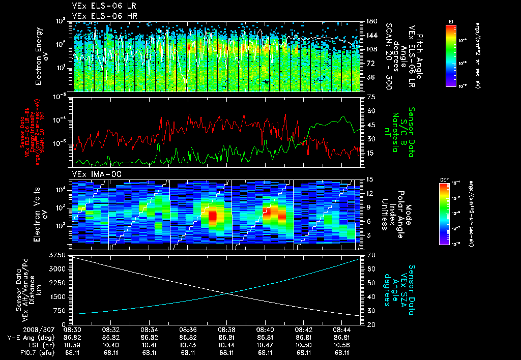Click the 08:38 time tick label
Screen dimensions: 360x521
[226, 330]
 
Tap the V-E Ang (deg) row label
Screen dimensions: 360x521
[30, 337]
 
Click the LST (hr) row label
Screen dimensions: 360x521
[39, 345]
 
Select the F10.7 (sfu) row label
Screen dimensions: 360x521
[35, 352]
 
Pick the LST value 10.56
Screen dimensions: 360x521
[342, 345]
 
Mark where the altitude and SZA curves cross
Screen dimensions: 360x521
[227, 293]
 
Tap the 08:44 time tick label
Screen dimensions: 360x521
[342, 330]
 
